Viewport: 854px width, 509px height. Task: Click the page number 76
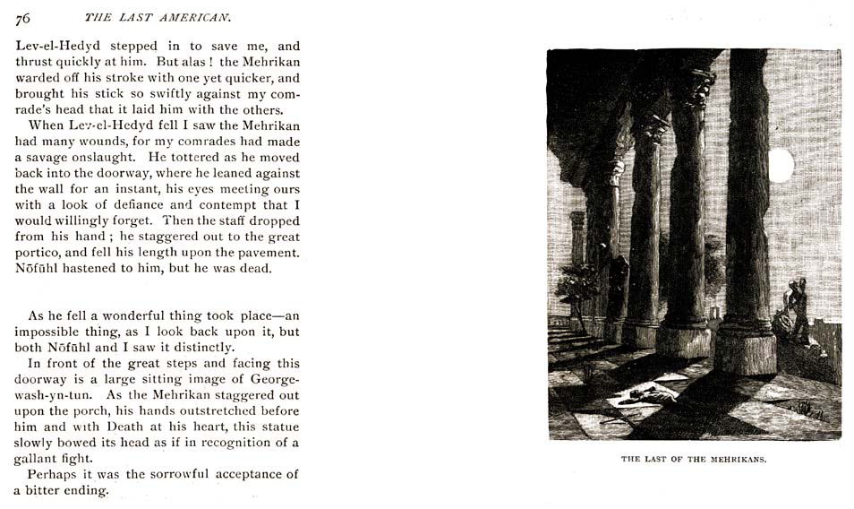(x=22, y=18)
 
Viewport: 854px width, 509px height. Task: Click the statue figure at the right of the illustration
(x=795, y=309)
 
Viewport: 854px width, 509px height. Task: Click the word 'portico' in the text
(x=40, y=253)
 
